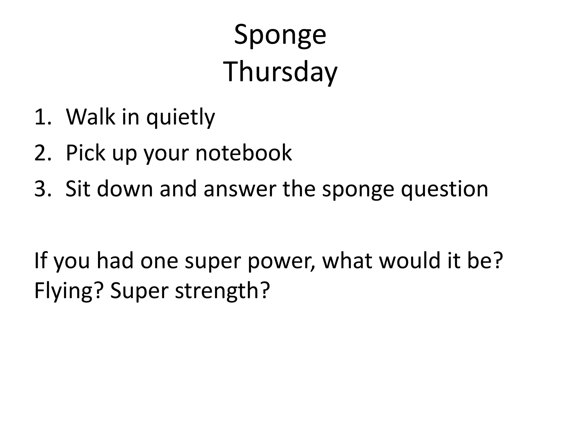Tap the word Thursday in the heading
[280, 72]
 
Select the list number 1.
[42, 117]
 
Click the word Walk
[90, 117]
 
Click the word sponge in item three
[358, 190]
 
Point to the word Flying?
[68, 291]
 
